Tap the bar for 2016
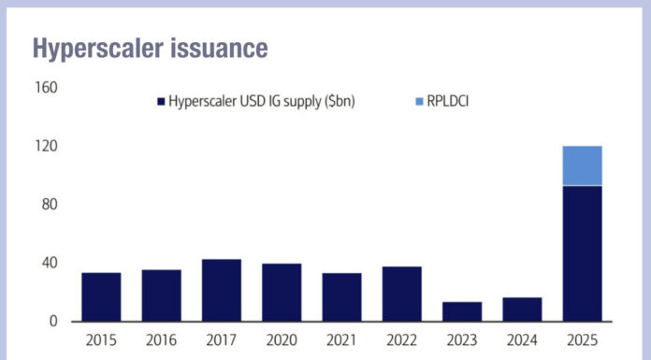[x=161, y=295]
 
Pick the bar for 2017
[x=222, y=290]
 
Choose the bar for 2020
[x=282, y=293]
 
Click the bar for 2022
[x=401, y=294]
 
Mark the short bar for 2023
[x=462, y=311]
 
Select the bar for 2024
[x=522, y=310]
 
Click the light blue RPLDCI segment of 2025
[x=582, y=166]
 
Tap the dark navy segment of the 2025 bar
[x=582, y=252]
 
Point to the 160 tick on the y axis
[x=47, y=88]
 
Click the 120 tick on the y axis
[x=47, y=146]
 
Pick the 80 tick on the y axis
[x=51, y=205]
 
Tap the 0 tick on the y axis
[x=53, y=322]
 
